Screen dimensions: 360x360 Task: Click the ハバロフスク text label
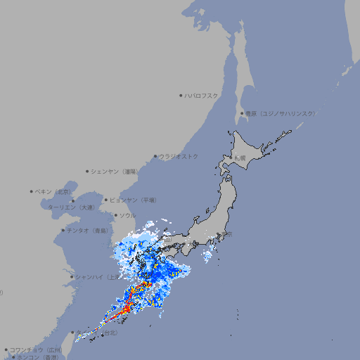tap(201, 95)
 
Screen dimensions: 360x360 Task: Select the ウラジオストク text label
tap(179, 156)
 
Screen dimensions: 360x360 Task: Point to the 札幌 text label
tap(240, 157)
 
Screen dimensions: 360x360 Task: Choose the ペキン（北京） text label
tap(53, 191)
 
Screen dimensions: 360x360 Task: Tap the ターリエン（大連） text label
tap(71, 207)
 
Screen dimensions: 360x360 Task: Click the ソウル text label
tap(128, 215)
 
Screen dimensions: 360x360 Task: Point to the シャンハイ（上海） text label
tap(97, 277)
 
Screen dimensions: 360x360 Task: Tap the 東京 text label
tap(226, 235)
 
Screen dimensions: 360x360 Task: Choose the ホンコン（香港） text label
tap(37, 357)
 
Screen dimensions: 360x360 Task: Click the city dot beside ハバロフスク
tap(181, 95)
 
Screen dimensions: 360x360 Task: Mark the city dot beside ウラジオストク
tap(155, 156)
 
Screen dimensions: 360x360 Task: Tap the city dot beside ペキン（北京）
tap(32, 191)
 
